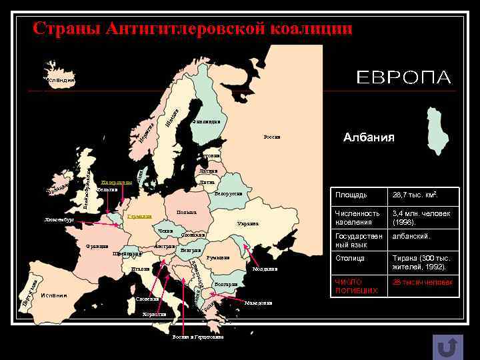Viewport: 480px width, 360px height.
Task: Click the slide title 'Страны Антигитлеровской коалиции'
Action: point(193,29)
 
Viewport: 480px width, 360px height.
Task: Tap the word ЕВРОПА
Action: point(404,77)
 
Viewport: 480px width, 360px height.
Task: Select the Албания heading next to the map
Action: point(369,137)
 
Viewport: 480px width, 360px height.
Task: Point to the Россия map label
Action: point(272,137)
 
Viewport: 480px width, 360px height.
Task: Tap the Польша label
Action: point(187,213)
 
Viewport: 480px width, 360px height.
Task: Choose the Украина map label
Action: point(247,224)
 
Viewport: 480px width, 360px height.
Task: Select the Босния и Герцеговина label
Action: point(197,337)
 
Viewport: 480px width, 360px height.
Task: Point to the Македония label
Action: point(259,303)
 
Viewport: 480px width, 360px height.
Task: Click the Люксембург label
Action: point(59,219)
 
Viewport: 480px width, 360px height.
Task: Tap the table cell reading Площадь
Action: point(351,195)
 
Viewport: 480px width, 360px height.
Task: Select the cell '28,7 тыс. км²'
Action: point(415,195)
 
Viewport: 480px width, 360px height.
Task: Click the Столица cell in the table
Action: point(350,257)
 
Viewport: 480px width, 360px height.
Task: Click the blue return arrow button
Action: point(447,347)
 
